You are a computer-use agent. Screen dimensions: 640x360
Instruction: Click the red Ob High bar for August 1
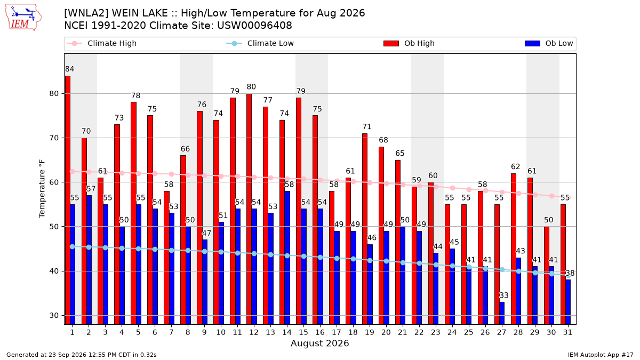[x=68, y=200]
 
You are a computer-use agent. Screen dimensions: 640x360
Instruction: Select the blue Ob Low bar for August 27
[x=502, y=313]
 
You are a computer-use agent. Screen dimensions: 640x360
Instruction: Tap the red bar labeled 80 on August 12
[x=249, y=209]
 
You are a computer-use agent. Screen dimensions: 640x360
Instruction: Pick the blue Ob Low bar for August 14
[x=287, y=258]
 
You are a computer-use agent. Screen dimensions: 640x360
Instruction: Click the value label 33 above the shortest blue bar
[x=504, y=295]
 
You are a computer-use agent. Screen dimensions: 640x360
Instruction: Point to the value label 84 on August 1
[x=70, y=69]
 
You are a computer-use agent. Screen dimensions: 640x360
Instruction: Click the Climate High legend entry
[x=101, y=43]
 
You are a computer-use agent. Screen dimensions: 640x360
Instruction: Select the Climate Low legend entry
[x=260, y=43]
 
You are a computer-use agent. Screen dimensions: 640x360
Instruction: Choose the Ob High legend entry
[x=409, y=43]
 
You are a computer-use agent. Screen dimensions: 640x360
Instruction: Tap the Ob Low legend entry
[x=549, y=43]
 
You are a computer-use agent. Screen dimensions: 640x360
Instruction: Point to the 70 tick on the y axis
[x=54, y=138]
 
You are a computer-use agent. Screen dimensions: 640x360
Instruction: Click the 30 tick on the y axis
[x=54, y=315]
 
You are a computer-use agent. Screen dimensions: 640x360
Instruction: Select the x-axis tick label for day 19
[x=370, y=332]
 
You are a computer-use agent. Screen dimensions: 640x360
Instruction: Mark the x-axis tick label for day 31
[x=567, y=332]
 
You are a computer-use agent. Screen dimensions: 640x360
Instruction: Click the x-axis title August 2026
[x=319, y=343]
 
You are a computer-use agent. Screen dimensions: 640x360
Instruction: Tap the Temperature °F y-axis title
[x=42, y=189]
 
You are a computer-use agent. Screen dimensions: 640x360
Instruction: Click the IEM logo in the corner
[x=23, y=17]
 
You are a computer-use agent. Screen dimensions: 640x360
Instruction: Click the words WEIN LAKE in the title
[x=140, y=13]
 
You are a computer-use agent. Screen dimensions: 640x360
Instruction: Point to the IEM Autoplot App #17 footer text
[x=601, y=355]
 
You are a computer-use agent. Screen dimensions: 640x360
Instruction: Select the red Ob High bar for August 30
[x=547, y=275]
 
